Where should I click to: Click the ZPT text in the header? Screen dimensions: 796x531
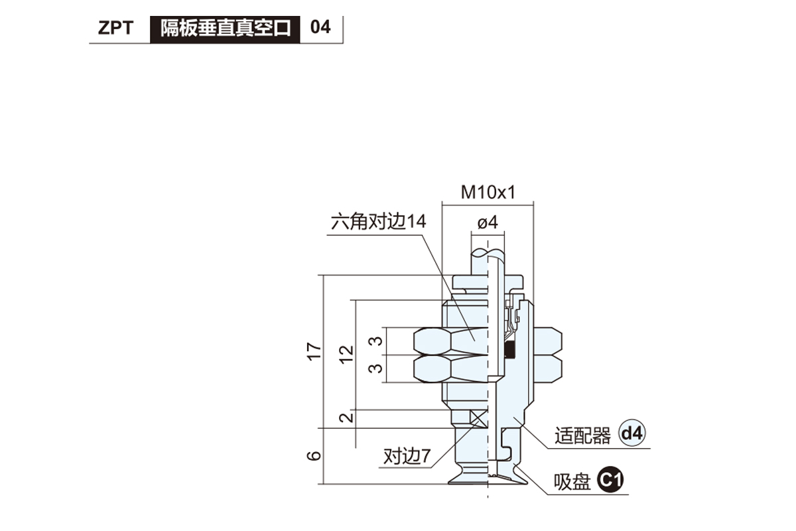[x=115, y=28]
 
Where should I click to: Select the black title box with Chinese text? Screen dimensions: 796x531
[x=225, y=29]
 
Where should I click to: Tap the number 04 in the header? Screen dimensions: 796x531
[x=320, y=27]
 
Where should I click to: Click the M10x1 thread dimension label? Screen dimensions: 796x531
[x=488, y=192]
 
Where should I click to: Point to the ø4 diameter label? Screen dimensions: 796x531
[x=488, y=222]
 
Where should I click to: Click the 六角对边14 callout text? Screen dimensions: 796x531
[x=379, y=222]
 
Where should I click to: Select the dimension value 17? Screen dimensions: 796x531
[x=314, y=351]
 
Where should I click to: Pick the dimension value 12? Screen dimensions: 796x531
[x=346, y=354]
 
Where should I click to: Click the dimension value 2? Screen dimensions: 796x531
[x=346, y=417]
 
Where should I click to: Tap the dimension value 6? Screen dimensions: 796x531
[x=314, y=455]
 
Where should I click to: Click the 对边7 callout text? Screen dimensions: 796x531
[x=407, y=456]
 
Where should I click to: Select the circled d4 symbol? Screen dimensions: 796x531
[x=632, y=433]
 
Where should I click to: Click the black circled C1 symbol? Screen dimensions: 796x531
[x=610, y=480]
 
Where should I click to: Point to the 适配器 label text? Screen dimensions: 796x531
[x=583, y=435]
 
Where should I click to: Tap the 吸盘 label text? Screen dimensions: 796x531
[x=572, y=482]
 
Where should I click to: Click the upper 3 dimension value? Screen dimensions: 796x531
[x=375, y=341]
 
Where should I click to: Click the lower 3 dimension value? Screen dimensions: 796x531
[x=375, y=368]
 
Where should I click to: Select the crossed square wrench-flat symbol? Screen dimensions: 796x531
[x=478, y=419]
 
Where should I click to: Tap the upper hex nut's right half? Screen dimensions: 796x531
[x=547, y=341]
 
